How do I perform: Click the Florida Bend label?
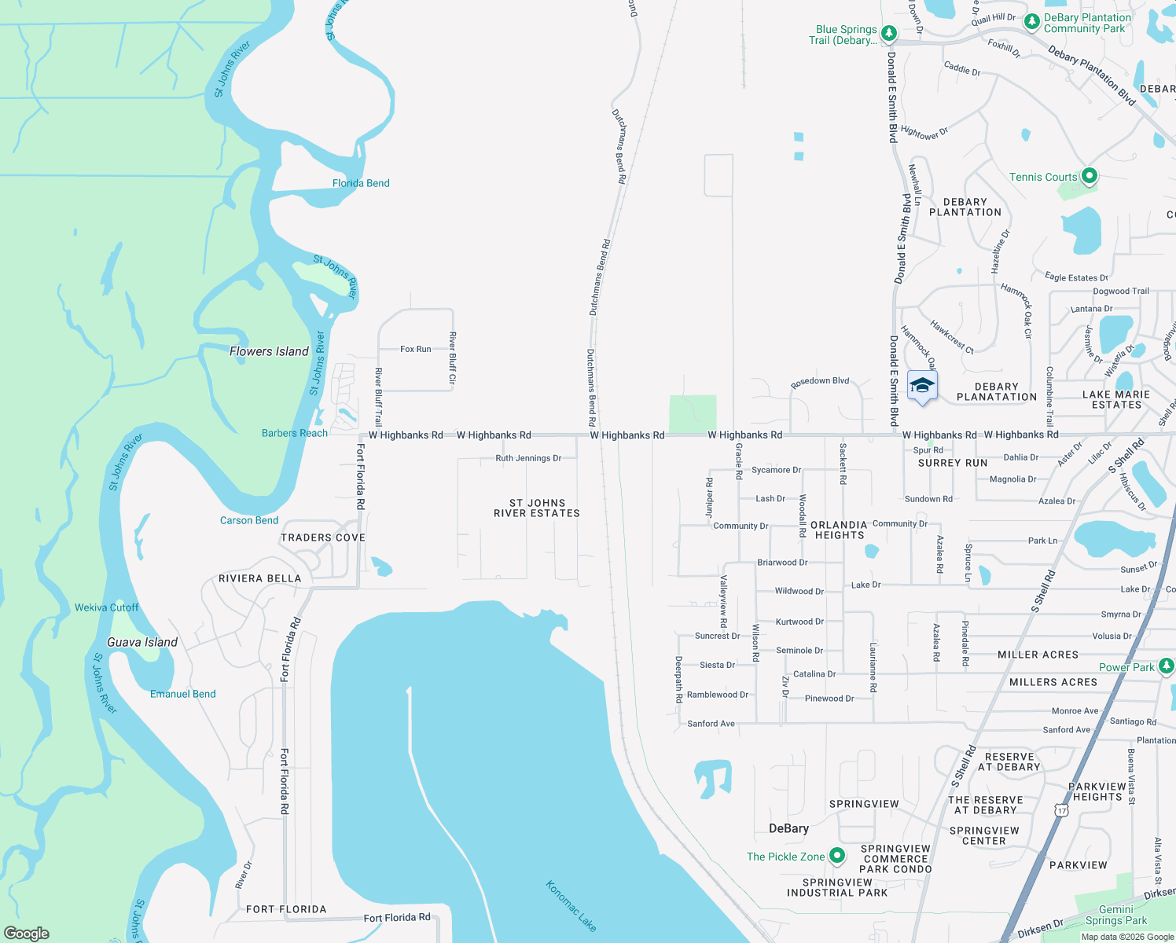point(361,183)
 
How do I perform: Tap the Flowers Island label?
point(269,351)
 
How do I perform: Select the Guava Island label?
point(142,642)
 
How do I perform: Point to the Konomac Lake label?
point(571,906)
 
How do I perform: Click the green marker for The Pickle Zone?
point(837,856)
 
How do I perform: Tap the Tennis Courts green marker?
point(1089,176)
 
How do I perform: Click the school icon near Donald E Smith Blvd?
point(922,387)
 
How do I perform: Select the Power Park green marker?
point(1167,666)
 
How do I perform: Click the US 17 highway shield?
point(1062,809)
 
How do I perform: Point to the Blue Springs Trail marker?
point(889,33)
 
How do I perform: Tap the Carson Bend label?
point(249,520)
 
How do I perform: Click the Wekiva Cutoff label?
point(107,607)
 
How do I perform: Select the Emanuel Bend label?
point(183,694)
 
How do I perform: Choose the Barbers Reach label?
point(295,433)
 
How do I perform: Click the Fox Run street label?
point(416,349)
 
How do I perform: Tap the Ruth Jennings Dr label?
point(528,458)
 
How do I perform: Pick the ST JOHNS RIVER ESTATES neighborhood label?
point(537,508)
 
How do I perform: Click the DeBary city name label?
point(788,828)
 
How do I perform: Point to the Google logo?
point(27,934)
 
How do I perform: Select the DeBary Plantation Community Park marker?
point(1032,22)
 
